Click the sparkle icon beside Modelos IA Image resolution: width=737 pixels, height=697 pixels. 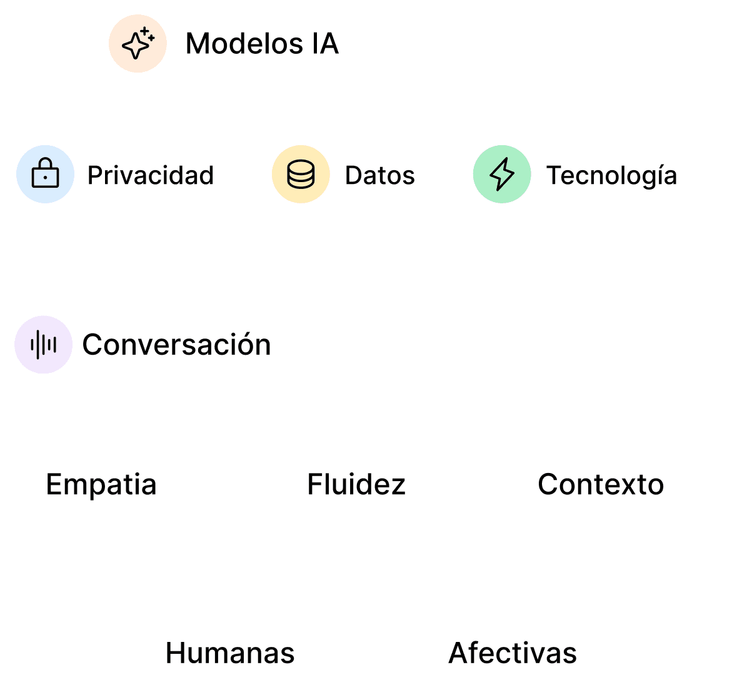coord(138,43)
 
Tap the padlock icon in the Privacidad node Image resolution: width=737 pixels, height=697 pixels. coord(45,174)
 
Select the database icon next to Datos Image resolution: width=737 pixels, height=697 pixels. coord(301,174)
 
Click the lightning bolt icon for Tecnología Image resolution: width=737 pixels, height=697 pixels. coord(502,174)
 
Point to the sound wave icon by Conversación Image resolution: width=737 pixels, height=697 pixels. coord(44,345)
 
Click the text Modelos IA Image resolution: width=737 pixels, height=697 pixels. coord(262,44)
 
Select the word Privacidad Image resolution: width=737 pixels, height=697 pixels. coord(151,175)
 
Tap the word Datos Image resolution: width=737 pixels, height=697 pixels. coord(379,175)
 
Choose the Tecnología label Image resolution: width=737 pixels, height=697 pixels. coord(611,175)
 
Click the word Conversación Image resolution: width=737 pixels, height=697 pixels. coord(176,345)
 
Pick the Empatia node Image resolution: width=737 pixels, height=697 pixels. coord(102,484)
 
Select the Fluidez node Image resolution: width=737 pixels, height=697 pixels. coord(357,484)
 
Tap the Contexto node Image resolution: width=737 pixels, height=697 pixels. coord(600,484)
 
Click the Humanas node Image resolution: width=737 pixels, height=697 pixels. coord(230,653)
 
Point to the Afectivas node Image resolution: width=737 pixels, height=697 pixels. coord(513,653)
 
